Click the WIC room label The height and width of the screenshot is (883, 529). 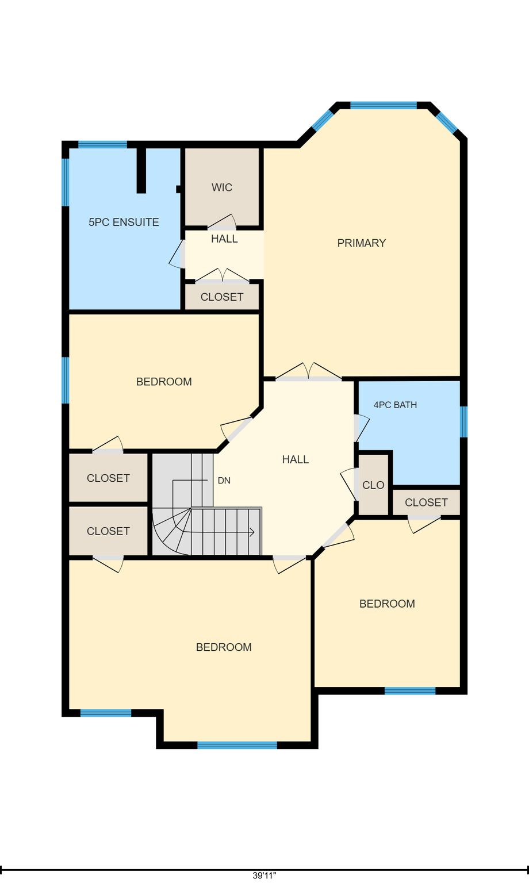point(222,187)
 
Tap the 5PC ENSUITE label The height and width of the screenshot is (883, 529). point(124,222)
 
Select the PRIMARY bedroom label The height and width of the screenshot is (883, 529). point(362,243)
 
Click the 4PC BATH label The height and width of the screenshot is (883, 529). point(395,405)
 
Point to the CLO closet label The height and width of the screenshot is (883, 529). point(373,485)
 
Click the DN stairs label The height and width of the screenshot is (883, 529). point(224,481)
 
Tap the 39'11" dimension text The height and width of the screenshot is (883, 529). point(264,876)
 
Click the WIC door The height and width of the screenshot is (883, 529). point(222,222)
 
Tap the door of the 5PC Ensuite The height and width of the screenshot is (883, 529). point(177,254)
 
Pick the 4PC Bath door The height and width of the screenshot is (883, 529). point(362,428)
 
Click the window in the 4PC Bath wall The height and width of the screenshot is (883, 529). point(464,422)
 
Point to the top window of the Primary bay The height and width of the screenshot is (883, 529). point(384,105)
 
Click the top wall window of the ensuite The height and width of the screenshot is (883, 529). point(102,144)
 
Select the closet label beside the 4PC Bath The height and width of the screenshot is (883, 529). point(426,502)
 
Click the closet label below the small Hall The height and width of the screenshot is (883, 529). point(222,297)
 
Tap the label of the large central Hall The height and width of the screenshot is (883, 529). point(295,459)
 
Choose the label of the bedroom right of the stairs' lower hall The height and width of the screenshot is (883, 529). point(387,604)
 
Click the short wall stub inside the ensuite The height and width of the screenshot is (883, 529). point(141,170)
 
